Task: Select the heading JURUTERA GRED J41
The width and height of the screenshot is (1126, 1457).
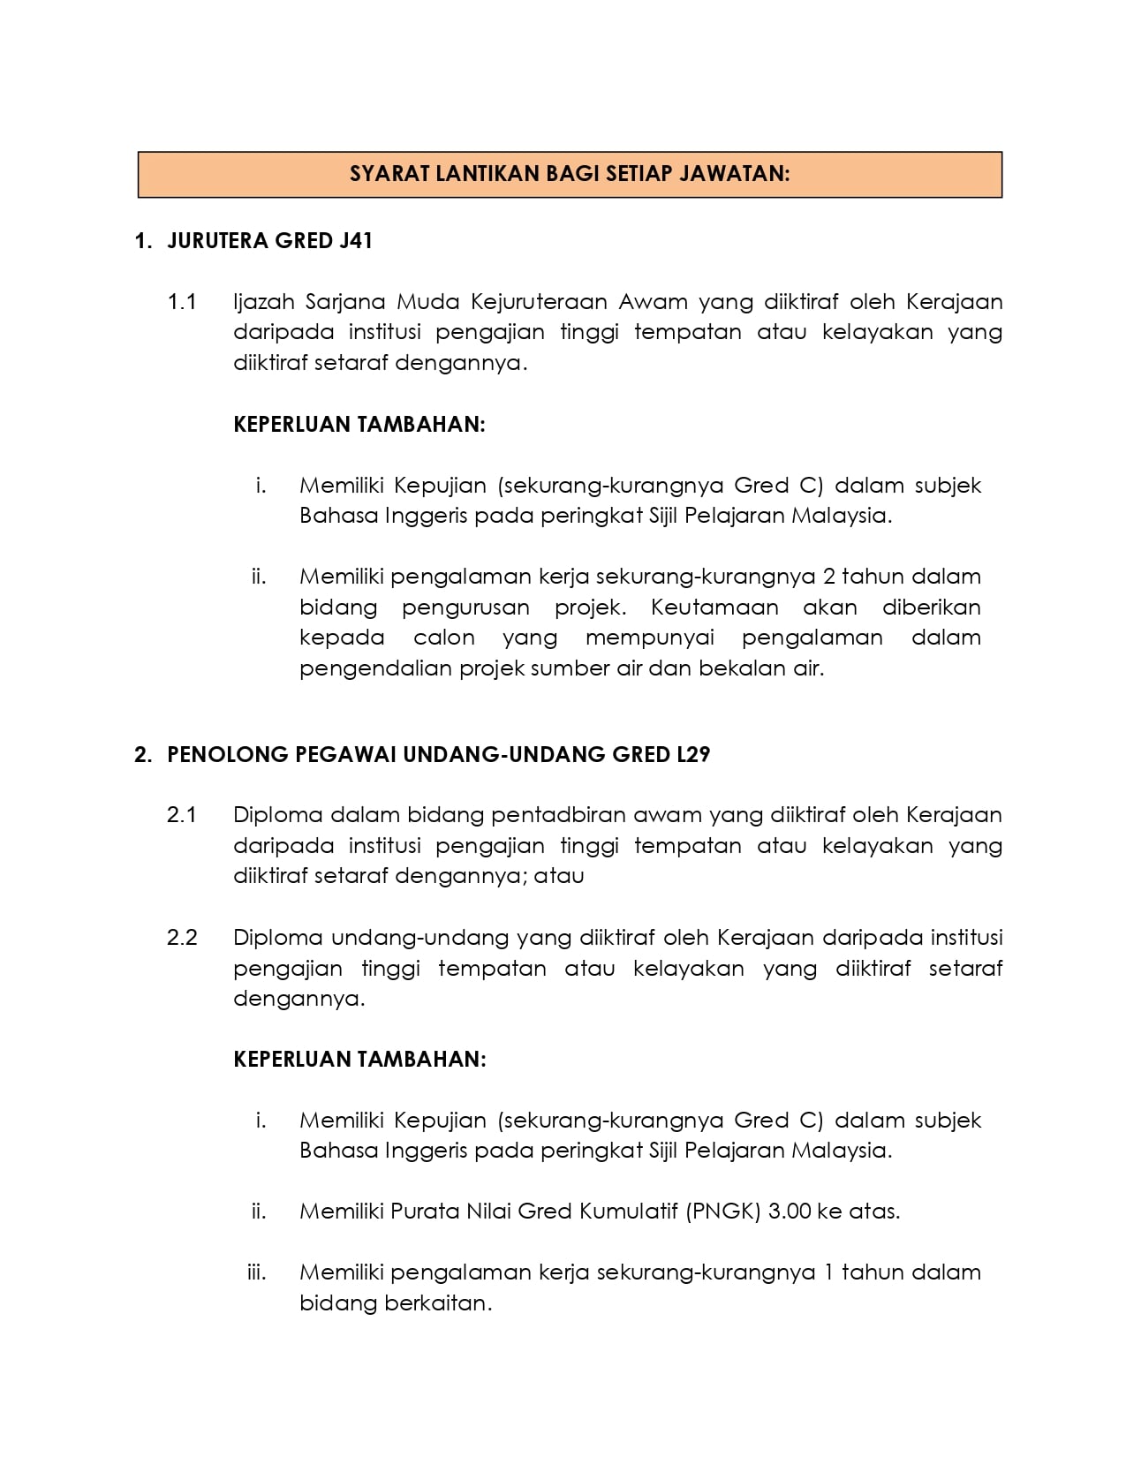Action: click(269, 241)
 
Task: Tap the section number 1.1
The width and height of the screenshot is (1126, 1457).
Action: click(182, 302)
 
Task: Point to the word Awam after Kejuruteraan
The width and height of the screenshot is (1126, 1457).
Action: click(653, 302)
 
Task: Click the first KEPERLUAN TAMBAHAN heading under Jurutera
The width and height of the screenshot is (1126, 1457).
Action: click(359, 425)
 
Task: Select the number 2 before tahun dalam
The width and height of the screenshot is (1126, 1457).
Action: click(827, 577)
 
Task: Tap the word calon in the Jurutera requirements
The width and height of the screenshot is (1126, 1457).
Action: click(443, 638)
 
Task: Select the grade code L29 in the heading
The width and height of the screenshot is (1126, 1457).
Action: click(691, 755)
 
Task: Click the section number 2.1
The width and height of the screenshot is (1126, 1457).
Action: click(182, 815)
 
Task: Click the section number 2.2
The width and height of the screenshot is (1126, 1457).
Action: click(182, 938)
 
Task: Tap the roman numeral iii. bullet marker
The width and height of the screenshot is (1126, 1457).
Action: click(257, 1272)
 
